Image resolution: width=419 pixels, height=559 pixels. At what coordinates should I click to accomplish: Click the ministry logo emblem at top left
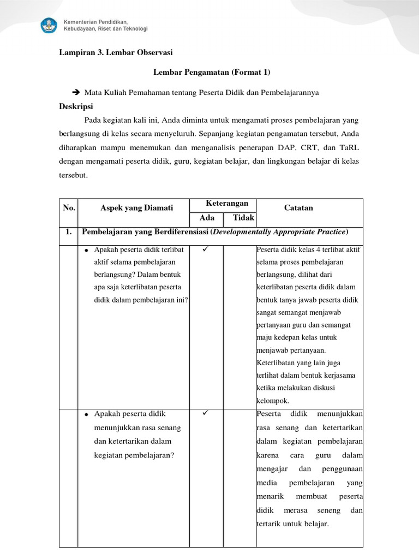[x=49, y=25]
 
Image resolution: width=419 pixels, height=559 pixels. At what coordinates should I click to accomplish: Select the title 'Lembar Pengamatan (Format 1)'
[x=212, y=72]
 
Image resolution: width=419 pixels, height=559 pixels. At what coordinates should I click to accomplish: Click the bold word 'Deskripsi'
[x=76, y=106]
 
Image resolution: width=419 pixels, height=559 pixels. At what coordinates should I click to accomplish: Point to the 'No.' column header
[x=69, y=207]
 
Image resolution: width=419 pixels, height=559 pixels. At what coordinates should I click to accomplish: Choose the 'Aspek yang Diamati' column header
[x=136, y=207]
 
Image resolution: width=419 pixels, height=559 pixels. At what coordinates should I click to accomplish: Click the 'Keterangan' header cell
[x=223, y=204]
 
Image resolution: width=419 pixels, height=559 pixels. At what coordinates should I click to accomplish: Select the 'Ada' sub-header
[x=206, y=218]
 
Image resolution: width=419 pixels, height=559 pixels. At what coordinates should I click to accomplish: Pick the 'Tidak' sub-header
[x=244, y=218]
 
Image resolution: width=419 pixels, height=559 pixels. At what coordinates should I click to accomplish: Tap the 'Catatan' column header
[x=298, y=207]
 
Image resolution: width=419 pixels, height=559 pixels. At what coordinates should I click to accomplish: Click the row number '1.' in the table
[x=69, y=232]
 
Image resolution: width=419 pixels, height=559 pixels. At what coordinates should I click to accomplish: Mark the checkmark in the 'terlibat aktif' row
[x=206, y=249]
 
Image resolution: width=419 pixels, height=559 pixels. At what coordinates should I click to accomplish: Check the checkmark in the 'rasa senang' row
[x=206, y=413]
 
